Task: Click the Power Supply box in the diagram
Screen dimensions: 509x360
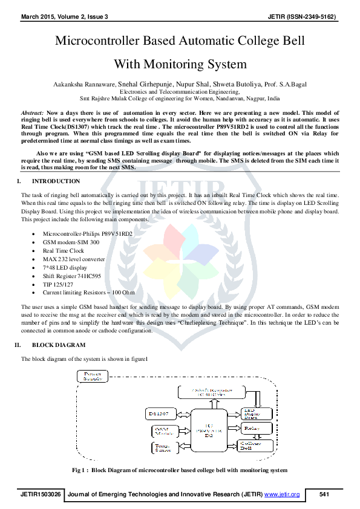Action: pyautogui.click(x=93, y=375)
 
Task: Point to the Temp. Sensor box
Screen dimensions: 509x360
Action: pyautogui.click(x=162, y=447)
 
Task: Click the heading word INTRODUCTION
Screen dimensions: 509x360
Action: pyautogui.click(x=56, y=181)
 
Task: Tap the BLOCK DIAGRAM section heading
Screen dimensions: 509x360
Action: pyautogui.click(x=58, y=345)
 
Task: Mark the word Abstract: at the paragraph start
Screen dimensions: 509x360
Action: pyautogui.click(x=32, y=113)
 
